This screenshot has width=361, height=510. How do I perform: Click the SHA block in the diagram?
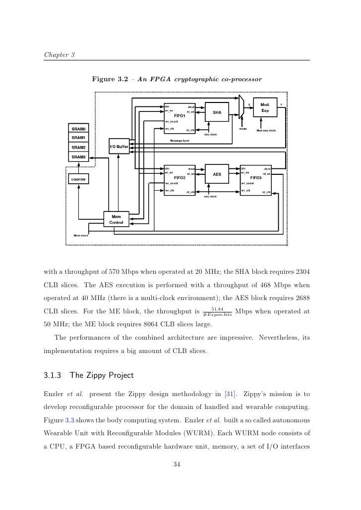pyautogui.click(x=217, y=112)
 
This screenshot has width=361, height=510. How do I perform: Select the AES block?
pyautogui.click(x=217, y=174)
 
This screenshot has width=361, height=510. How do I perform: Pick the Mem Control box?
pyautogui.click(x=116, y=220)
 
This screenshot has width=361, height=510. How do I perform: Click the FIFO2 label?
pyautogui.click(x=179, y=177)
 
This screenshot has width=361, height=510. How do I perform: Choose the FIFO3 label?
pyautogui.click(x=255, y=177)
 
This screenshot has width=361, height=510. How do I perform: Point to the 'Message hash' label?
pyautogui.click(x=179, y=141)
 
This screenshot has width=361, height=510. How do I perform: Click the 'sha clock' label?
pyautogui.click(x=210, y=134)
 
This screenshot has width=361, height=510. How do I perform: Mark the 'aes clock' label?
pyautogui.click(x=210, y=196)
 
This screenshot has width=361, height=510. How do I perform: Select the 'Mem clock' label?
pyautogui.click(x=80, y=236)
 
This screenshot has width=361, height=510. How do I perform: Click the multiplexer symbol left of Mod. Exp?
pyautogui.click(x=241, y=106)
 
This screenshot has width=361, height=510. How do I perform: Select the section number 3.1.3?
pyautogui.click(x=53, y=375)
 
